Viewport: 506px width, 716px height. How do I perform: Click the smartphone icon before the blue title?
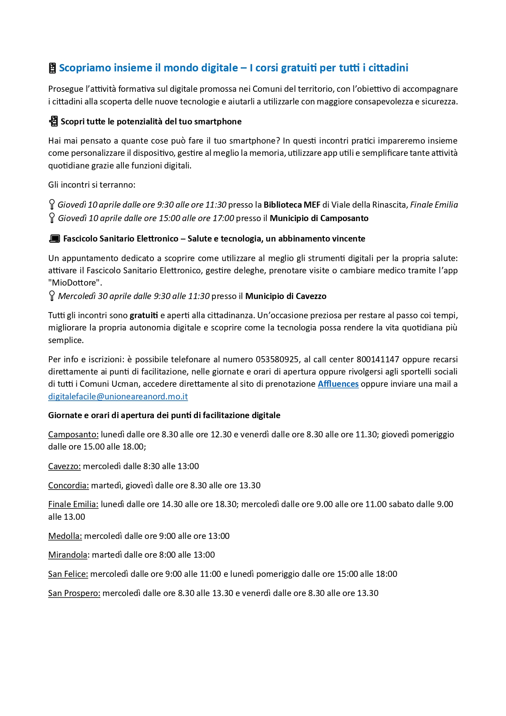pos(52,68)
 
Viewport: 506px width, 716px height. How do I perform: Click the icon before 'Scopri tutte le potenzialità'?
pos(53,121)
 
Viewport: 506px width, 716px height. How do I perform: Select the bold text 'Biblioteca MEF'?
pos(292,205)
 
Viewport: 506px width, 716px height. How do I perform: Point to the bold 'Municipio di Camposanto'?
pos(319,218)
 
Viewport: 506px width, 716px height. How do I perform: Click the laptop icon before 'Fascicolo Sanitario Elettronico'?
pos(54,239)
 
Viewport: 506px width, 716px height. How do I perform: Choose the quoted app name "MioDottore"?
pos(75,283)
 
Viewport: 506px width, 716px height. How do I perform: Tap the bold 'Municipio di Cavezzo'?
pos(286,296)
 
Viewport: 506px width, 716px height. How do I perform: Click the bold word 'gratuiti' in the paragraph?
pos(144,315)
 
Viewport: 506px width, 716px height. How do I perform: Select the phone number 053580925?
pos(277,359)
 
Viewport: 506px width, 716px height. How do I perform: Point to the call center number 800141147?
pos(377,359)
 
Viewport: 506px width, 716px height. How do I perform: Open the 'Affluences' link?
pos(338,384)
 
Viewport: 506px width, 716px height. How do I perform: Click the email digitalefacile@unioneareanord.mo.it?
pos(118,397)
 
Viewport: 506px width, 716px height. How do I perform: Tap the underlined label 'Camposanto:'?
pos(73,434)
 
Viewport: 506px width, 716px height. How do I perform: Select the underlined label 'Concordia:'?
pos(69,485)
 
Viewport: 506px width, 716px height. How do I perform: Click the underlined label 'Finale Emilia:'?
pos(73,504)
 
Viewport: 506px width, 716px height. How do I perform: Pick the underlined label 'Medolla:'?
pos(65,536)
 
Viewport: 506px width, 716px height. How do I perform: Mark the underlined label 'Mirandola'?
pos(68,555)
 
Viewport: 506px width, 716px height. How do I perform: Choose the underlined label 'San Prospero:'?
pos(74,593)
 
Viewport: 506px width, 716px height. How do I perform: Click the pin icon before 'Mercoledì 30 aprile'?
pos(52,296)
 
